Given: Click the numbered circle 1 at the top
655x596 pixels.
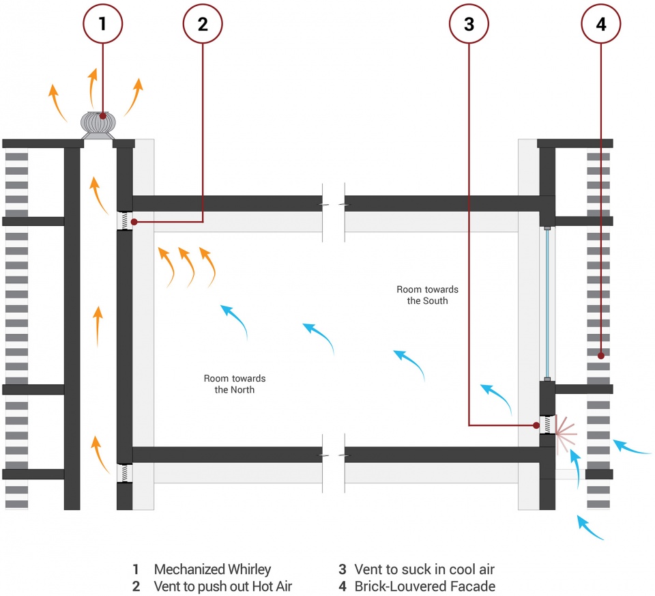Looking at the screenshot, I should (x=102, y=24).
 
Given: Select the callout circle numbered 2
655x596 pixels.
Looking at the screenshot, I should (x=203, y=24).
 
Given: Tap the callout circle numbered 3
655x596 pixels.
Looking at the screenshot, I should (x=469, y=24).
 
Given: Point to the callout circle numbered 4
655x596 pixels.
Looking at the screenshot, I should (x=601, y=24).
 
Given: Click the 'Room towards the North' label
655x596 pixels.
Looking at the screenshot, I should (x=235, y=384).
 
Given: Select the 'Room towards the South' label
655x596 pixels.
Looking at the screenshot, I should (x=428, y=295).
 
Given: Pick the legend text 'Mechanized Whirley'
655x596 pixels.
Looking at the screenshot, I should (x=212, y=569).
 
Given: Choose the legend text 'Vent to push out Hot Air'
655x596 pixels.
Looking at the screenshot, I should (x=223, y=586).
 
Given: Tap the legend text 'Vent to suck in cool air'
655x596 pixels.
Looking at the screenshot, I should (x=424, y=569).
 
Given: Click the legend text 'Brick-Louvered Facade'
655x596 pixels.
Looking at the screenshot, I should (x=424, y=586).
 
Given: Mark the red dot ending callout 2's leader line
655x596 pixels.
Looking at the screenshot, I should (x=134, y=222).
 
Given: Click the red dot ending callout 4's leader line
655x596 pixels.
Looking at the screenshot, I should (x=600, y=355).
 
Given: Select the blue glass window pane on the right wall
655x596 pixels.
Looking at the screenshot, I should (x=547, y=304).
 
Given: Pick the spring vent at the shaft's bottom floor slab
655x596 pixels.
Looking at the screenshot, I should (x=124, y=473).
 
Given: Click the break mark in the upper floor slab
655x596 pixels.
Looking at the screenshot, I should (x=334, y=203).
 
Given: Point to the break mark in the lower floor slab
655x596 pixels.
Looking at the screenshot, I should (x=334, y=455).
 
